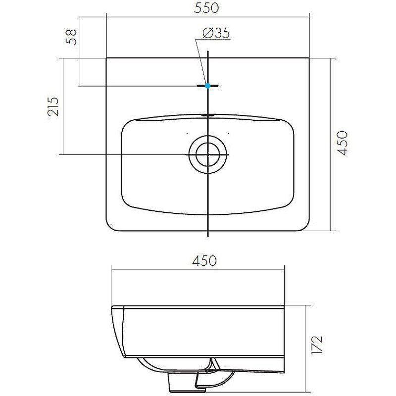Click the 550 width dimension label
[x=207, y=8]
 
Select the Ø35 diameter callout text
[x=216, y=34]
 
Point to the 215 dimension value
[x=54, y=106]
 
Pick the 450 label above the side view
[x=204, y=261]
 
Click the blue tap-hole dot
[x=208, y=86]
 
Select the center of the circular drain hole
[x=208, y=154]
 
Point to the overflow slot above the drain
[x=208, y=115]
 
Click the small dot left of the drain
[x=187, y=134]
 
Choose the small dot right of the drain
[x=229, y=134]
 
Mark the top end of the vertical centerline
[x=208, y=51]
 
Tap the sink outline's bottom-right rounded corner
[x=306, y=227]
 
